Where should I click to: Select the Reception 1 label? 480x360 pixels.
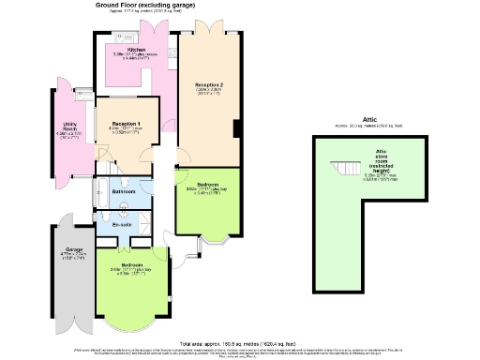pos(126,124)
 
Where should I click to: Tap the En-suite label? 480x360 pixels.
pos(121,225)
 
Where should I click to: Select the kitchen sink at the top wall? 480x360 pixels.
pos(125,37)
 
